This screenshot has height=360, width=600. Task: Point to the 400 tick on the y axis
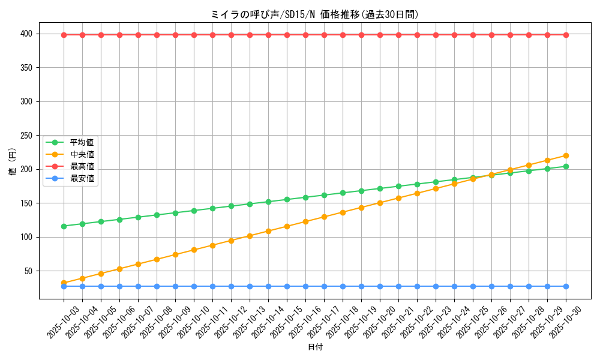28,34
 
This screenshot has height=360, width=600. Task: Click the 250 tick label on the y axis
28,136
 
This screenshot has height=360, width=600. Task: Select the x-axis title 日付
315,347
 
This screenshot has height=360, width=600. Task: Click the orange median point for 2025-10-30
566,155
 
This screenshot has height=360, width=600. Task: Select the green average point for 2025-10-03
64,226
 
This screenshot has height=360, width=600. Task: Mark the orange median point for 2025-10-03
64,283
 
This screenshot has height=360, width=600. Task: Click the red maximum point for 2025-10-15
287,35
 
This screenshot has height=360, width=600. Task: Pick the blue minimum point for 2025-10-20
380,286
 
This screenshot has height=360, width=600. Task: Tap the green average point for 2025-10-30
566,166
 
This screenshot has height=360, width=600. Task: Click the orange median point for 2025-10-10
194,250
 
